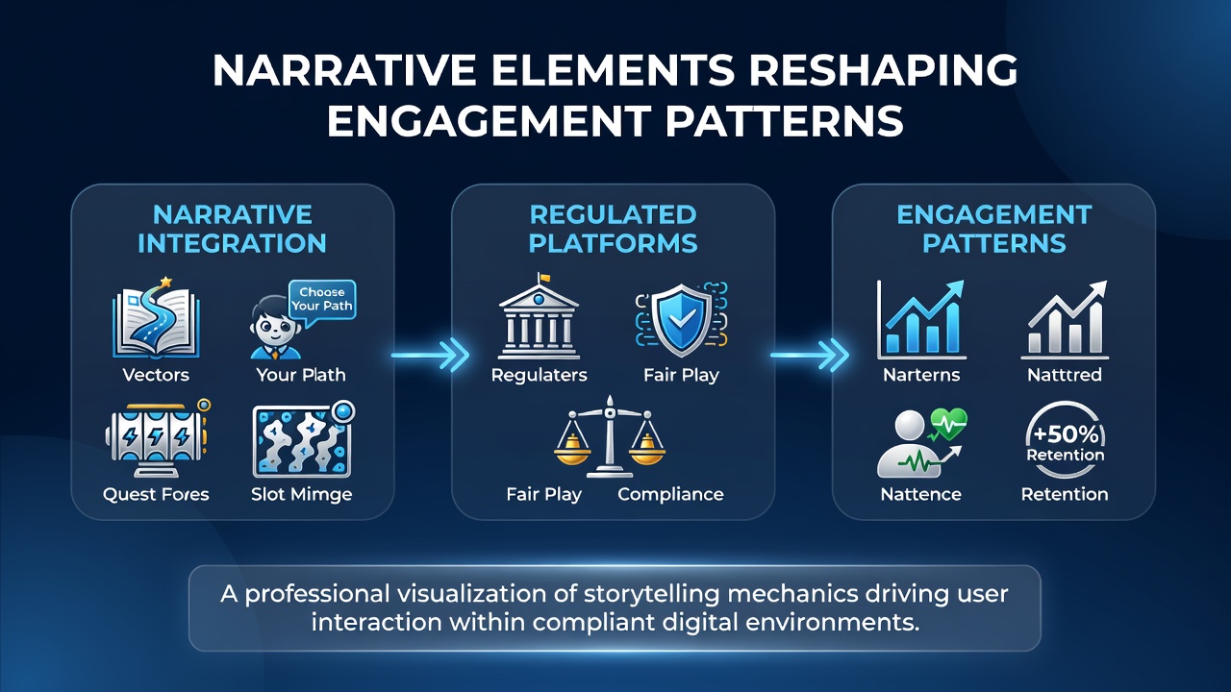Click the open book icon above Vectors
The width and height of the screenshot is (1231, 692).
pyautogui.click(x=156, y=320)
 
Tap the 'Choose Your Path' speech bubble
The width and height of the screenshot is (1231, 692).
pyautogui.click(x=322, y=301)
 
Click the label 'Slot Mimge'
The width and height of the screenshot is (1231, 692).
pyautogui.click(x=302, y=494)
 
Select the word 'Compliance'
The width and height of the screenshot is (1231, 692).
pyautogui.click(x=670, y=494)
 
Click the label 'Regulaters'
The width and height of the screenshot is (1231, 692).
pyautogui.click(x=540, y=375)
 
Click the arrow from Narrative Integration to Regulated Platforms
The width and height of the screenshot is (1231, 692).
pyautogui.click(x=430, y=356)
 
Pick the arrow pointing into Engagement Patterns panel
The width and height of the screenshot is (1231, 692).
pyautogui.click(x=810, y=356)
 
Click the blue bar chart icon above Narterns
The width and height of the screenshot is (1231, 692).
pyautogui.click(x=921, y=319)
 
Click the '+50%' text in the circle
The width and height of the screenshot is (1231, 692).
pyautogui.click(x=1066, y=435)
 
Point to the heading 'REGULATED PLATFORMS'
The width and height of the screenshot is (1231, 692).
pyautogui.click(x=613, y=229)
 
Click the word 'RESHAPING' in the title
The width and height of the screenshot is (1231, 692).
pyautogui.click(x=884, y=70)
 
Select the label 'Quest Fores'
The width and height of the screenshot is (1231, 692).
pyautogui.click(x=156, y=494)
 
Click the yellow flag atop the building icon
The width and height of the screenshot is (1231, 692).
pyautogui.click(x=544, y=278)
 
